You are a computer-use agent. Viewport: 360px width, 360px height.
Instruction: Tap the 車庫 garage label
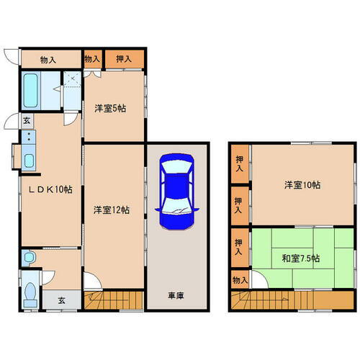click(176, 296)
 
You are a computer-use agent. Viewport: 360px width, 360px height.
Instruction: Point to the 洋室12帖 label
click(112, 210)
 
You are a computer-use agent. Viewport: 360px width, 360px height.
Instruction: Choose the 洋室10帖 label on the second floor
click(301, 185)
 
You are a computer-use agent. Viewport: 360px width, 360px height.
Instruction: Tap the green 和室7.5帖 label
click(301, 258)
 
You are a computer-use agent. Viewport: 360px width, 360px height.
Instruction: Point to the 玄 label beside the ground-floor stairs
click(61, 301)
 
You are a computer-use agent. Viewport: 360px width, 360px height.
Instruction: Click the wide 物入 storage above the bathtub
click(48, 60)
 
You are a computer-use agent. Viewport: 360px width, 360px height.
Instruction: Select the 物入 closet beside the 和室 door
click(240, 279)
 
